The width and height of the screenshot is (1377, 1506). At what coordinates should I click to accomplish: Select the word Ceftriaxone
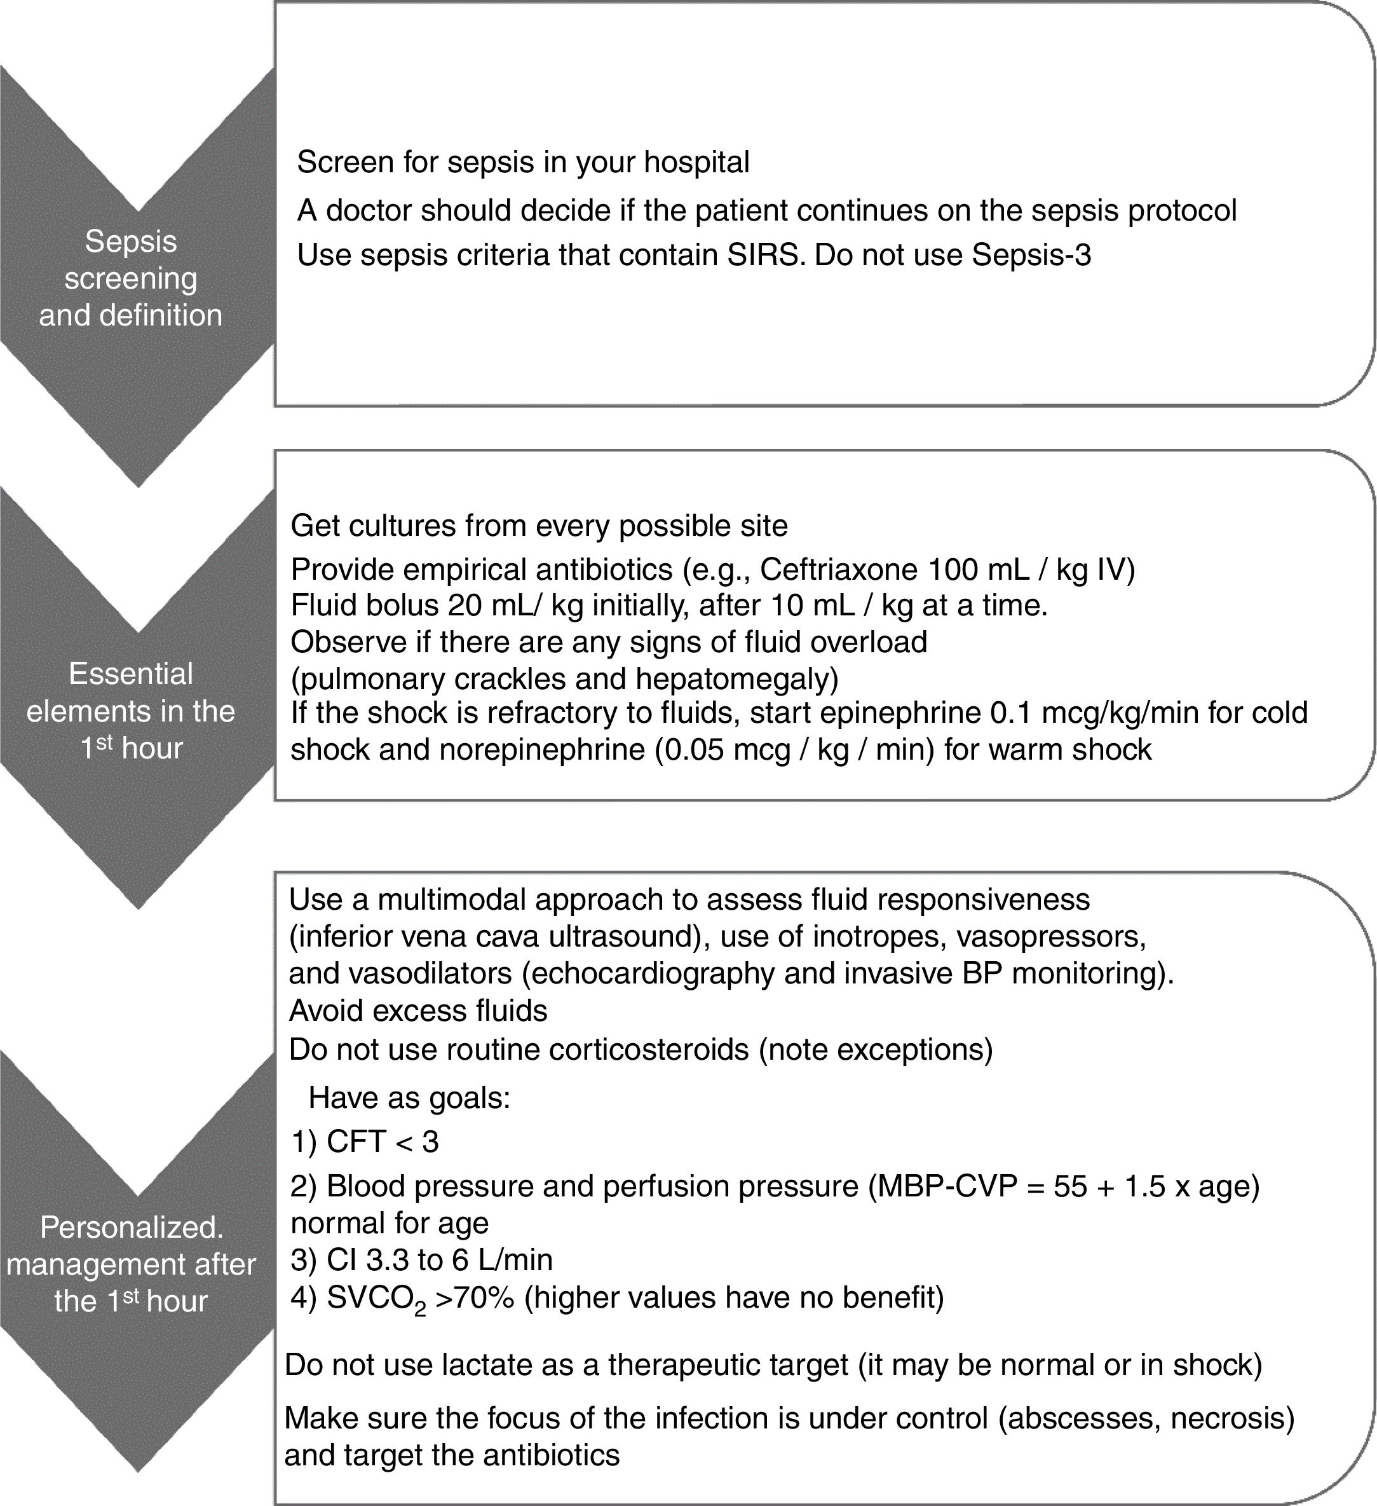[838, 570]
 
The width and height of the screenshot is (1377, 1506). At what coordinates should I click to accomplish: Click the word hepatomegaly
[736, 679]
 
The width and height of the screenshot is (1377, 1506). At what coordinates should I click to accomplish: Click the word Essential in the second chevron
[131, 674]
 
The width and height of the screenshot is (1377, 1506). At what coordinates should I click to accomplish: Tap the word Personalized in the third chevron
[131, 1228]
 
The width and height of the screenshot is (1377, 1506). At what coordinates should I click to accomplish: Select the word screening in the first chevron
[131, 278]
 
